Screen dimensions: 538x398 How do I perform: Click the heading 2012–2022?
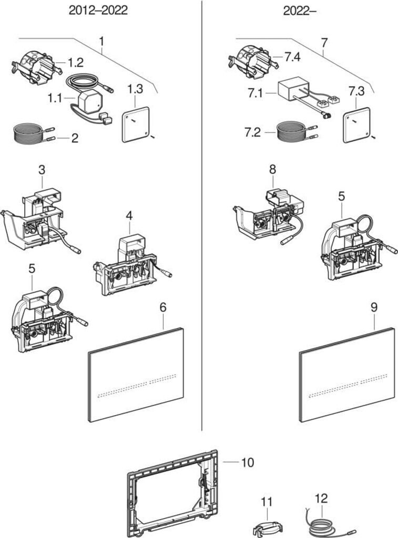pyautogui.click(x=98, y=11)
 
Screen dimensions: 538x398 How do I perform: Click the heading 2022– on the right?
pyautogui.click(x=300, y=11)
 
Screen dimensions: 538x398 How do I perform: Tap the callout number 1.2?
pyautogui.click(x=75, y=63)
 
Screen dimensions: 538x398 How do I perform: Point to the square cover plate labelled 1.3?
pyautogui.click(x=136, y=124)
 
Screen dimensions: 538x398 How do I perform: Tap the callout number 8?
pyautogui.click(x=272, y=170)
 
